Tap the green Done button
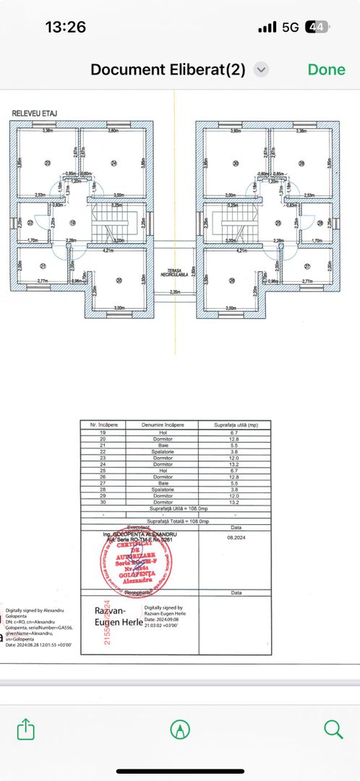click(326, 69)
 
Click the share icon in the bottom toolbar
click(26, 728)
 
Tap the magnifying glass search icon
click(333, 728)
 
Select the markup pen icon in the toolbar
click(179, 728)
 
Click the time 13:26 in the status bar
click(65, 27)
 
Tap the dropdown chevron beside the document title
click(262, 70)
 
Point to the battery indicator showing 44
click(317, 27)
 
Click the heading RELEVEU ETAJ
click(35, 114)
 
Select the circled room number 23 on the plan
click(48, 163)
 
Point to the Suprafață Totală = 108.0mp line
click(178, 520)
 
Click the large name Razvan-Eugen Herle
click(109, 616)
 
